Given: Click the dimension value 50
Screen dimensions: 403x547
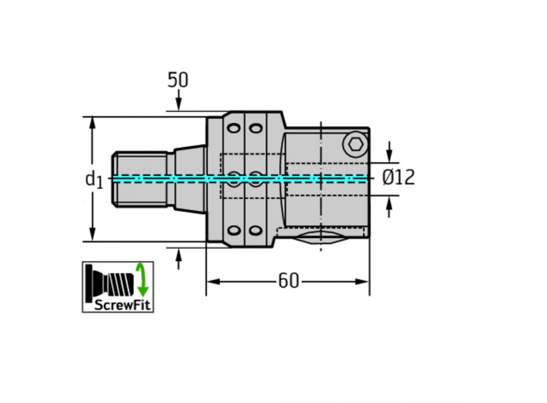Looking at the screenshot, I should coord(178,80).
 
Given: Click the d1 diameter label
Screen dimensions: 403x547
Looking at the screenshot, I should coord(94,179).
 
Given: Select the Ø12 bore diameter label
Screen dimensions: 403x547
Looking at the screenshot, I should coord(398,177).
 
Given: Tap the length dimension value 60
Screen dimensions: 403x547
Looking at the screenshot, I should coord(289,281).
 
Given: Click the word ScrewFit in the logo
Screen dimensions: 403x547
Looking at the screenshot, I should coord(118,304).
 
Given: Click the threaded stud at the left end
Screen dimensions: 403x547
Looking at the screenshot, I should coord(140,179).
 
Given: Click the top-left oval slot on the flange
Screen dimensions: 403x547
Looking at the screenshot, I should coord(234,128).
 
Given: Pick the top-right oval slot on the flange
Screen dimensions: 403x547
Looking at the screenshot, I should coord(255,128).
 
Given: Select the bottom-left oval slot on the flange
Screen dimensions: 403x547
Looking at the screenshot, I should coord(234,231).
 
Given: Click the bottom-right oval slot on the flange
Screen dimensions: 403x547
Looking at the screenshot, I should coord(255,231).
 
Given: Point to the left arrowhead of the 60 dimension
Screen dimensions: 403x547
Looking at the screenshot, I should coord(211,281).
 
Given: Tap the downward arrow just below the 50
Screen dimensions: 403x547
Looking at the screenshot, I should coord(178,104).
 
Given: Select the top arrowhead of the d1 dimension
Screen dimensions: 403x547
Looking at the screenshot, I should coord(92,122).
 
